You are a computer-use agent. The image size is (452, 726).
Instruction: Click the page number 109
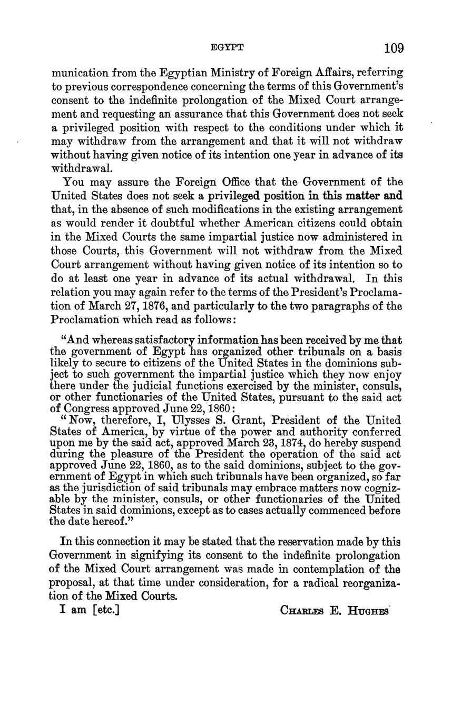(394, 48)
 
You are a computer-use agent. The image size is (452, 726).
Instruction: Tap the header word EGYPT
(227, 47)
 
